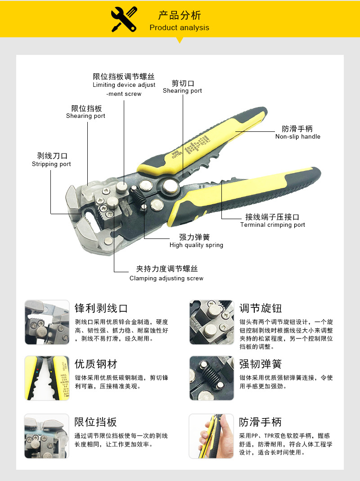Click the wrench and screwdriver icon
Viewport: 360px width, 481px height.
[x=124, y=20]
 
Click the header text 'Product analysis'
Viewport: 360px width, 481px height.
[x=179, y=27]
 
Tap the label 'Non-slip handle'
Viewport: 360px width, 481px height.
[x=297, y=136]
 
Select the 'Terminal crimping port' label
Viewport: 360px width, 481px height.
[x=272, y=225]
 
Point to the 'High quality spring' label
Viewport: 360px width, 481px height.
[x=196, y=245]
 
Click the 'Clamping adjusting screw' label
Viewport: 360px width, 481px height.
[x=166, y=278]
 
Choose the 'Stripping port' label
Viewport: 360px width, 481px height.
[x=51, y=164]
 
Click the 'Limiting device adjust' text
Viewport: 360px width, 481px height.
[x=124, y=85]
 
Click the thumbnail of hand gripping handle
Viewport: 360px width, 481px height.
[x=211, y=436]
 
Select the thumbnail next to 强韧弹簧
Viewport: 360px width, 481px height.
[x=211, y=378]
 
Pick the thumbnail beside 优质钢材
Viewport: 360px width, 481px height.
[x=47, y=378]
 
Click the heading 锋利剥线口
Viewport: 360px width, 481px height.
[x=101, y=308]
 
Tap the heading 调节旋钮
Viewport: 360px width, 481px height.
[x=260, y=308]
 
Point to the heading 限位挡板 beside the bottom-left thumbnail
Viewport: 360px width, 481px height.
[x=95, y=422]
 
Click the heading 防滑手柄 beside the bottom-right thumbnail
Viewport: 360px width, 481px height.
[x=260, y=422]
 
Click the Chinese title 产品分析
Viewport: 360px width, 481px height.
[x=179, y=15]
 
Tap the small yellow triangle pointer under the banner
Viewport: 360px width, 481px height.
[x=180, y=40]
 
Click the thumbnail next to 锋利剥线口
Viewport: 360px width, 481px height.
[x=47, y=322]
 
